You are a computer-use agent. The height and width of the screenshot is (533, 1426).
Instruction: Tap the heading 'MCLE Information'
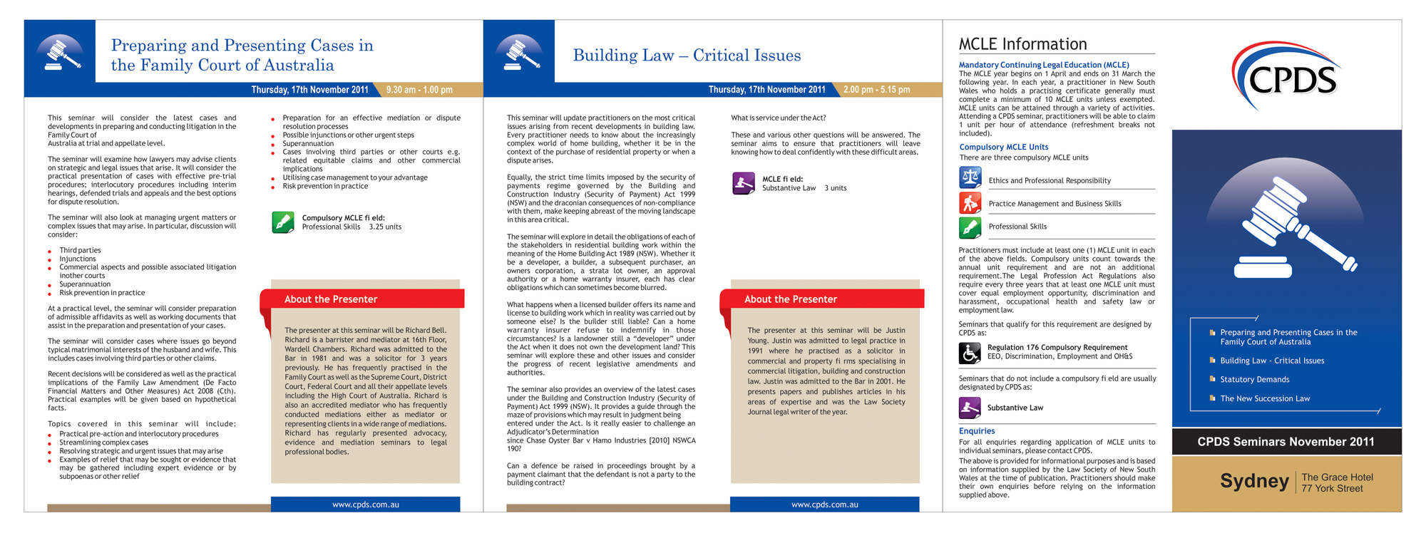pos(1022,44)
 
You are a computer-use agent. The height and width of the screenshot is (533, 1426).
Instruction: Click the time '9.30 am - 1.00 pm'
pos(419,90)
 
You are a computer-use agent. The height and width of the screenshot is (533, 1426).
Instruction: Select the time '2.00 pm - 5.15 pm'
pos(876,90)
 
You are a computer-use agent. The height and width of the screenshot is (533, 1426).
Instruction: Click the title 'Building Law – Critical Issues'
pos(687,56)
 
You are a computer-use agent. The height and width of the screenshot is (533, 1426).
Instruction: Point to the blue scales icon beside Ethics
pos(970,177)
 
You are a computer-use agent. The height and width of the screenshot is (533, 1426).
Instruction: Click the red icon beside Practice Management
pos(970,203)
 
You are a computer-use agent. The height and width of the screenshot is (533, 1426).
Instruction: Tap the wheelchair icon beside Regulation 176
pos(970,353)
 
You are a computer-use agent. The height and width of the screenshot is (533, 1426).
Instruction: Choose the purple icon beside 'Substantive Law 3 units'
pos(744,183)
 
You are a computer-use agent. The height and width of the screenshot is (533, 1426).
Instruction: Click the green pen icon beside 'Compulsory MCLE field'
pos(283,222)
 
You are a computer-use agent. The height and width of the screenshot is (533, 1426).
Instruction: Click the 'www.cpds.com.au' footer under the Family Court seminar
pos(365,504)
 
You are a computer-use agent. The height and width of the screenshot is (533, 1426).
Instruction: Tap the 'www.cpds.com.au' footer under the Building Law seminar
pos(824,504)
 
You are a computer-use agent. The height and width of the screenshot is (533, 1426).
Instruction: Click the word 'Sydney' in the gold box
pos(1253,482)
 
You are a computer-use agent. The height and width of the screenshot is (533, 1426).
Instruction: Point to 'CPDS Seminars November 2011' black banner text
pos(1286,442)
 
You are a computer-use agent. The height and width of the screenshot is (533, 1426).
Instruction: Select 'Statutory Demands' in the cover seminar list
pos(1254,380)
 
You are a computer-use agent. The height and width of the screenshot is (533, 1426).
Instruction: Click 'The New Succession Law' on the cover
pos(1264,399)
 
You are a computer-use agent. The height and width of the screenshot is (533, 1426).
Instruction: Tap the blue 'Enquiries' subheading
pos(977,431)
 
